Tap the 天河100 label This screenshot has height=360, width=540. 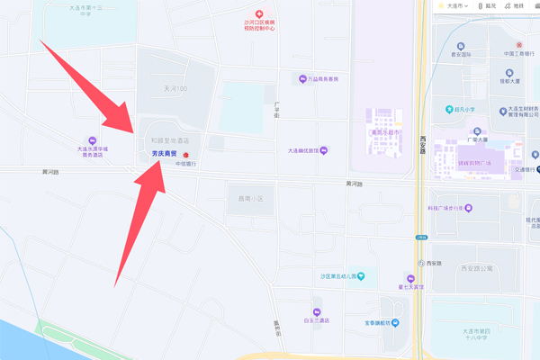click(168, 88)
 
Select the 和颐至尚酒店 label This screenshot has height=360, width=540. click(169, 141)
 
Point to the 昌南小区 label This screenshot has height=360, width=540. click(243, 198)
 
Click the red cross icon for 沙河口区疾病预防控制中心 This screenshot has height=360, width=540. click(259, 14)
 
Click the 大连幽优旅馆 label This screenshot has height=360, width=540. click(302, 150)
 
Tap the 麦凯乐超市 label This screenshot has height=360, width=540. click(390, 130)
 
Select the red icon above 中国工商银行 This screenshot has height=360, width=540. click(518, 44)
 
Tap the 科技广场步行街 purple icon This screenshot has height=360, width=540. click(468, 208)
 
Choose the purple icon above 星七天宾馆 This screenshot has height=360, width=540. click(410, 279)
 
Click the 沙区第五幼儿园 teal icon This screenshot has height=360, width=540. click(361, 276)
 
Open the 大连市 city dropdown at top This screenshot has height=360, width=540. click(455, 5)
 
